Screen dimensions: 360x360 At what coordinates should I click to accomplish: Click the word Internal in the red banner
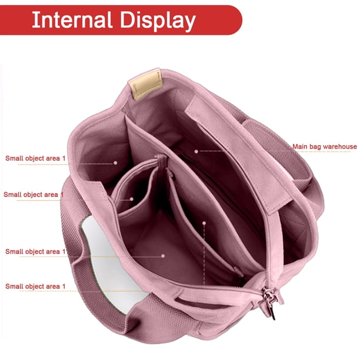[72, 20]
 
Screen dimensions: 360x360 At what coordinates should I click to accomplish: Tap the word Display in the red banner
[158, 21]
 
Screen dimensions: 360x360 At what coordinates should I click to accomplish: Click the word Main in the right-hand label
[300, 146]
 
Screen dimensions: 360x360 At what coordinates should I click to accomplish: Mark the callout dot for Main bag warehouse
[196, 151]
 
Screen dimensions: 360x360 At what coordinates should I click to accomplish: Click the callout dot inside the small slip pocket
[132, 199]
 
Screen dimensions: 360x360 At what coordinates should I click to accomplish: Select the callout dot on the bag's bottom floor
[163, 256]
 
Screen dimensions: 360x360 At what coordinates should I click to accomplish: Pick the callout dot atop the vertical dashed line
[204, 223]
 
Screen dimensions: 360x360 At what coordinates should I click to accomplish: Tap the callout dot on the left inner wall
[115, 162]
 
